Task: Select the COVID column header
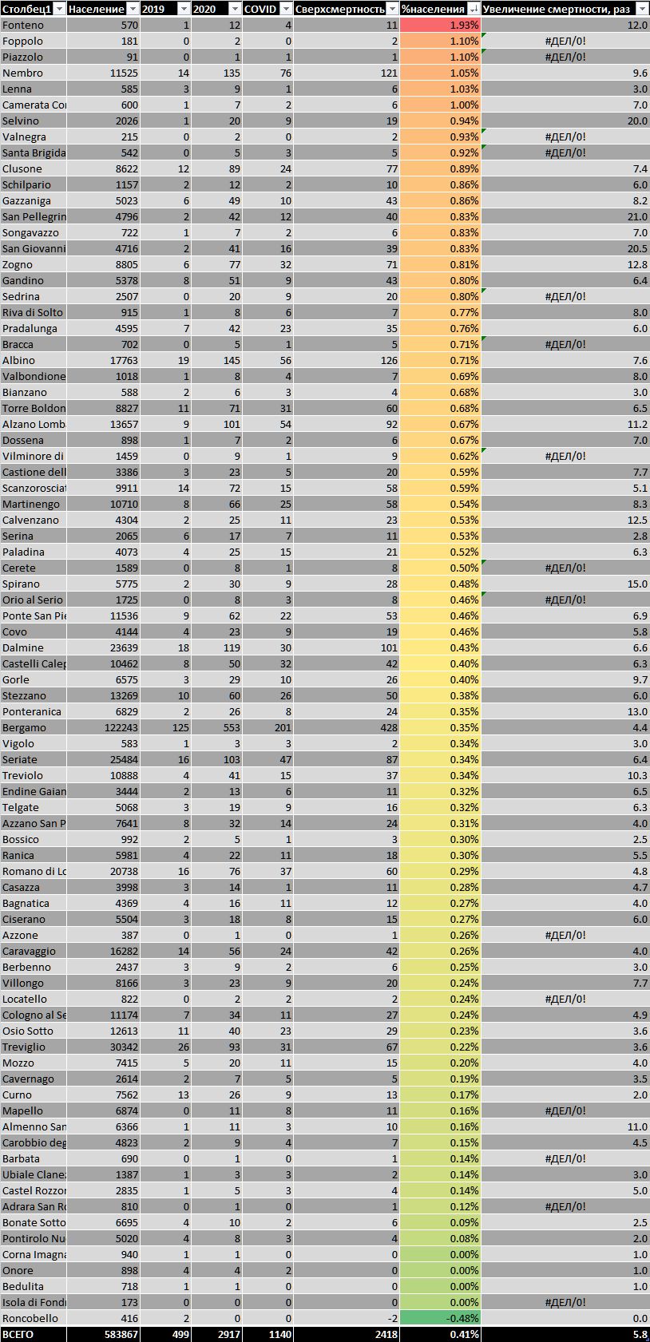[x=260, y=9]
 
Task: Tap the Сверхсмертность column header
[x=339, y=9]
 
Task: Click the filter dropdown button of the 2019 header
[x=183, y=9]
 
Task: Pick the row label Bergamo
[x=24, y=727]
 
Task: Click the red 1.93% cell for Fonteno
[x=440, y=25]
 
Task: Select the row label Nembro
[x=22, y=73]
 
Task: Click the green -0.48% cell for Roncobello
[x=440, y=1318]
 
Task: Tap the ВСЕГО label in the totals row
[x=18, y=1334]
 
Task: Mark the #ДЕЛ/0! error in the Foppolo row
[x=565, y=41]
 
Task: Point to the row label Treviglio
[x=24, y=1047]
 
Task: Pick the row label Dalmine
[x=23, y=647]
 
